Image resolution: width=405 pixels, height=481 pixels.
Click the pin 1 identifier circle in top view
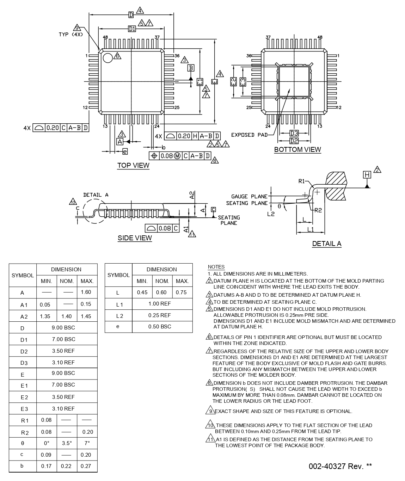(108, 58)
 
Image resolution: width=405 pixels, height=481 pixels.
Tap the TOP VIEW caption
(133, 165)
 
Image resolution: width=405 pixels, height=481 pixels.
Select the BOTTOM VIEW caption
(297, 149)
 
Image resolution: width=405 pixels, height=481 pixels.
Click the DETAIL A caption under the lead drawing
(326, 243)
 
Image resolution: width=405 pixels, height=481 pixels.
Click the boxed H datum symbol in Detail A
(367, 175)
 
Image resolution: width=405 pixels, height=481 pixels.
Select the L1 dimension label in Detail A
(311, 229)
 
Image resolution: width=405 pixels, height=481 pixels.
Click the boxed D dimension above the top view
(131, 15)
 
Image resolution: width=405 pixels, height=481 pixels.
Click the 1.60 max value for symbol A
(86, 292)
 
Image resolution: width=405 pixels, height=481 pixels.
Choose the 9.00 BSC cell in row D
(67, 327)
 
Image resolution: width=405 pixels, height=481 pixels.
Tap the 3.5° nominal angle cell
(67, 443)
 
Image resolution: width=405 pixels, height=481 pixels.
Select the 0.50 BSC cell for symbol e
(162, 326)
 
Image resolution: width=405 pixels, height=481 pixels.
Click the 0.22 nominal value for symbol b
(66, 466)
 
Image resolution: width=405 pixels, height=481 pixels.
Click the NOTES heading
(216, 267)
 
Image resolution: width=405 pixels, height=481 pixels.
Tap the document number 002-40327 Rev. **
(340, 466)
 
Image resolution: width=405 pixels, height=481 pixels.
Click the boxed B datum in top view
(191, 68)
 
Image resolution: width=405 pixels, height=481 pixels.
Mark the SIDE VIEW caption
(135, 238)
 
